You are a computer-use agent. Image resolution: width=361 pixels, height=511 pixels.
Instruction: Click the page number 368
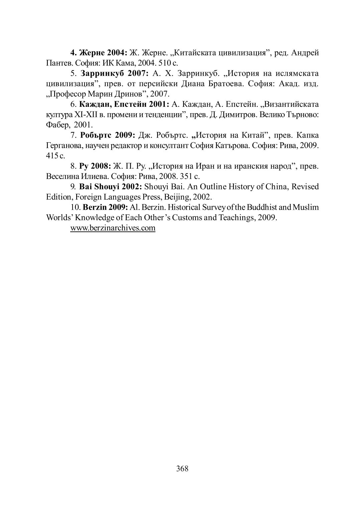pos(182,469)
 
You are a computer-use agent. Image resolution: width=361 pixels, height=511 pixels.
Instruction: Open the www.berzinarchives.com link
pos(113,228)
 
